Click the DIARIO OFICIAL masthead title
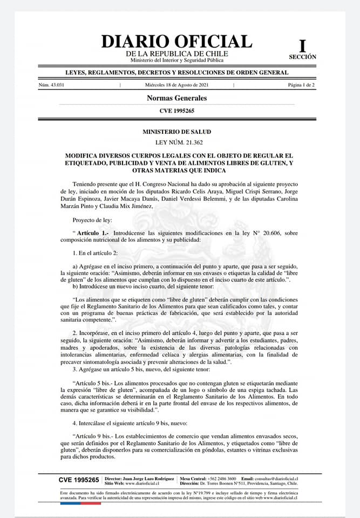[176, 42]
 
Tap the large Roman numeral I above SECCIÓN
[302, 46]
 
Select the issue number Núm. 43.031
[52, 85]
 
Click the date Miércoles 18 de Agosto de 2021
[176, 85]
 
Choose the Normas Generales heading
[176, 98]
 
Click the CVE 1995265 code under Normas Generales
[176, 111]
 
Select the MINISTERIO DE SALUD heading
[176, 132]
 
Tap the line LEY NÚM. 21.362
[176, 142]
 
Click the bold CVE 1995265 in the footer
[79, 480]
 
